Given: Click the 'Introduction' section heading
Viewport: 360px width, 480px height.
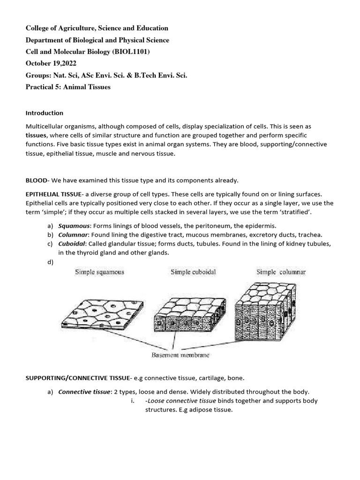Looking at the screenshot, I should tap(44, 113).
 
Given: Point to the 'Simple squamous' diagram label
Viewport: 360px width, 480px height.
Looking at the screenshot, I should tap(99, 272).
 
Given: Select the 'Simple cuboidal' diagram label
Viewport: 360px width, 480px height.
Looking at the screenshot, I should tap(193, 272).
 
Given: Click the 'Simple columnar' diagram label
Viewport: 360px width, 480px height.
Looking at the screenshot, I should tap(281, 272).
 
